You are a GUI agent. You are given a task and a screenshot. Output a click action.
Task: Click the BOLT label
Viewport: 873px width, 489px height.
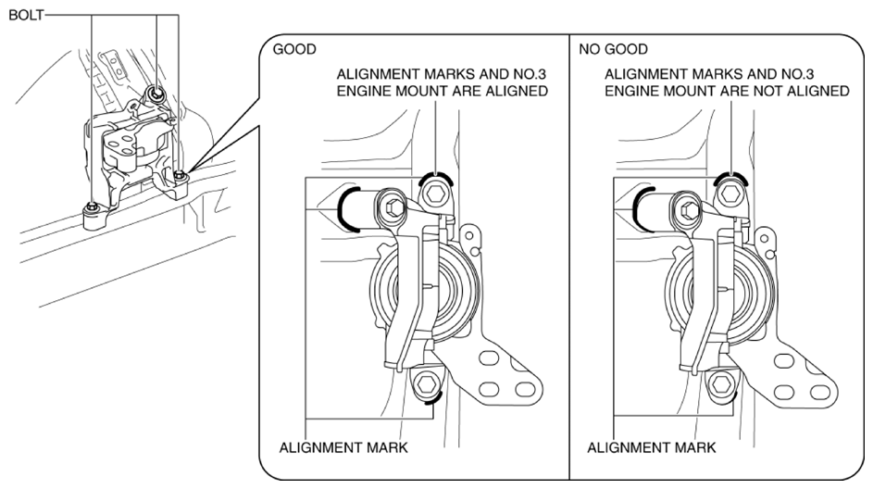click(26, 15)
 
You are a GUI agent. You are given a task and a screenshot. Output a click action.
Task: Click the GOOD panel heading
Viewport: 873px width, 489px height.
click(294, 50)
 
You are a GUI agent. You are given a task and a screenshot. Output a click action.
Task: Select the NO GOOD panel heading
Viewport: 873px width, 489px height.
click(613, 50)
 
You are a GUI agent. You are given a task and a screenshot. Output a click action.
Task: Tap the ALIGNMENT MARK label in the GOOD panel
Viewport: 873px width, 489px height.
click(343, 447)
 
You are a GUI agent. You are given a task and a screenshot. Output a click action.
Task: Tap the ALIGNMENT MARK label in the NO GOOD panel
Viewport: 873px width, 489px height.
click(652, 447)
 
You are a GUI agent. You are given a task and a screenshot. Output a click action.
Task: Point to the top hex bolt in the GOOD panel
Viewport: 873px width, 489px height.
click(434, 194)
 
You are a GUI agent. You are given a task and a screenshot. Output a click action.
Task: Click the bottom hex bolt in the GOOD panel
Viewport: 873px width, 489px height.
click(426, 383)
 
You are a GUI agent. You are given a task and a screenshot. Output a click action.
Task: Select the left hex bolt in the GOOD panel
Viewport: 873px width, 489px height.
click(393, 207)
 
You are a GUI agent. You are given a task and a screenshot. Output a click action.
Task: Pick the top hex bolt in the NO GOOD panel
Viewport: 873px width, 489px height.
click(730, 194)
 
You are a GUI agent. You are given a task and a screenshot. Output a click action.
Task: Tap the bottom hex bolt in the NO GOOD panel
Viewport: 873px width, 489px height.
click(722, 383)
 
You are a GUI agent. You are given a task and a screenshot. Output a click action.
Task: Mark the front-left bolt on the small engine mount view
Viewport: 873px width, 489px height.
click(93, 207)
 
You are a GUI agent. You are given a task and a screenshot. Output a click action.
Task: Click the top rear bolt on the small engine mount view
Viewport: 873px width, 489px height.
click(156, 94)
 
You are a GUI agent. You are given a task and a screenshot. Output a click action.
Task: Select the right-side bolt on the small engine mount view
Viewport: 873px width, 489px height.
click(180, 176)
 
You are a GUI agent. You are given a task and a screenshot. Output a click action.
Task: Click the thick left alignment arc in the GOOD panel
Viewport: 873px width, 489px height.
click(340, 209)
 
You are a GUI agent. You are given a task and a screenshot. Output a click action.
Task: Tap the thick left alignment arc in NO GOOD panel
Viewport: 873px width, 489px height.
click(635, 209)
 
